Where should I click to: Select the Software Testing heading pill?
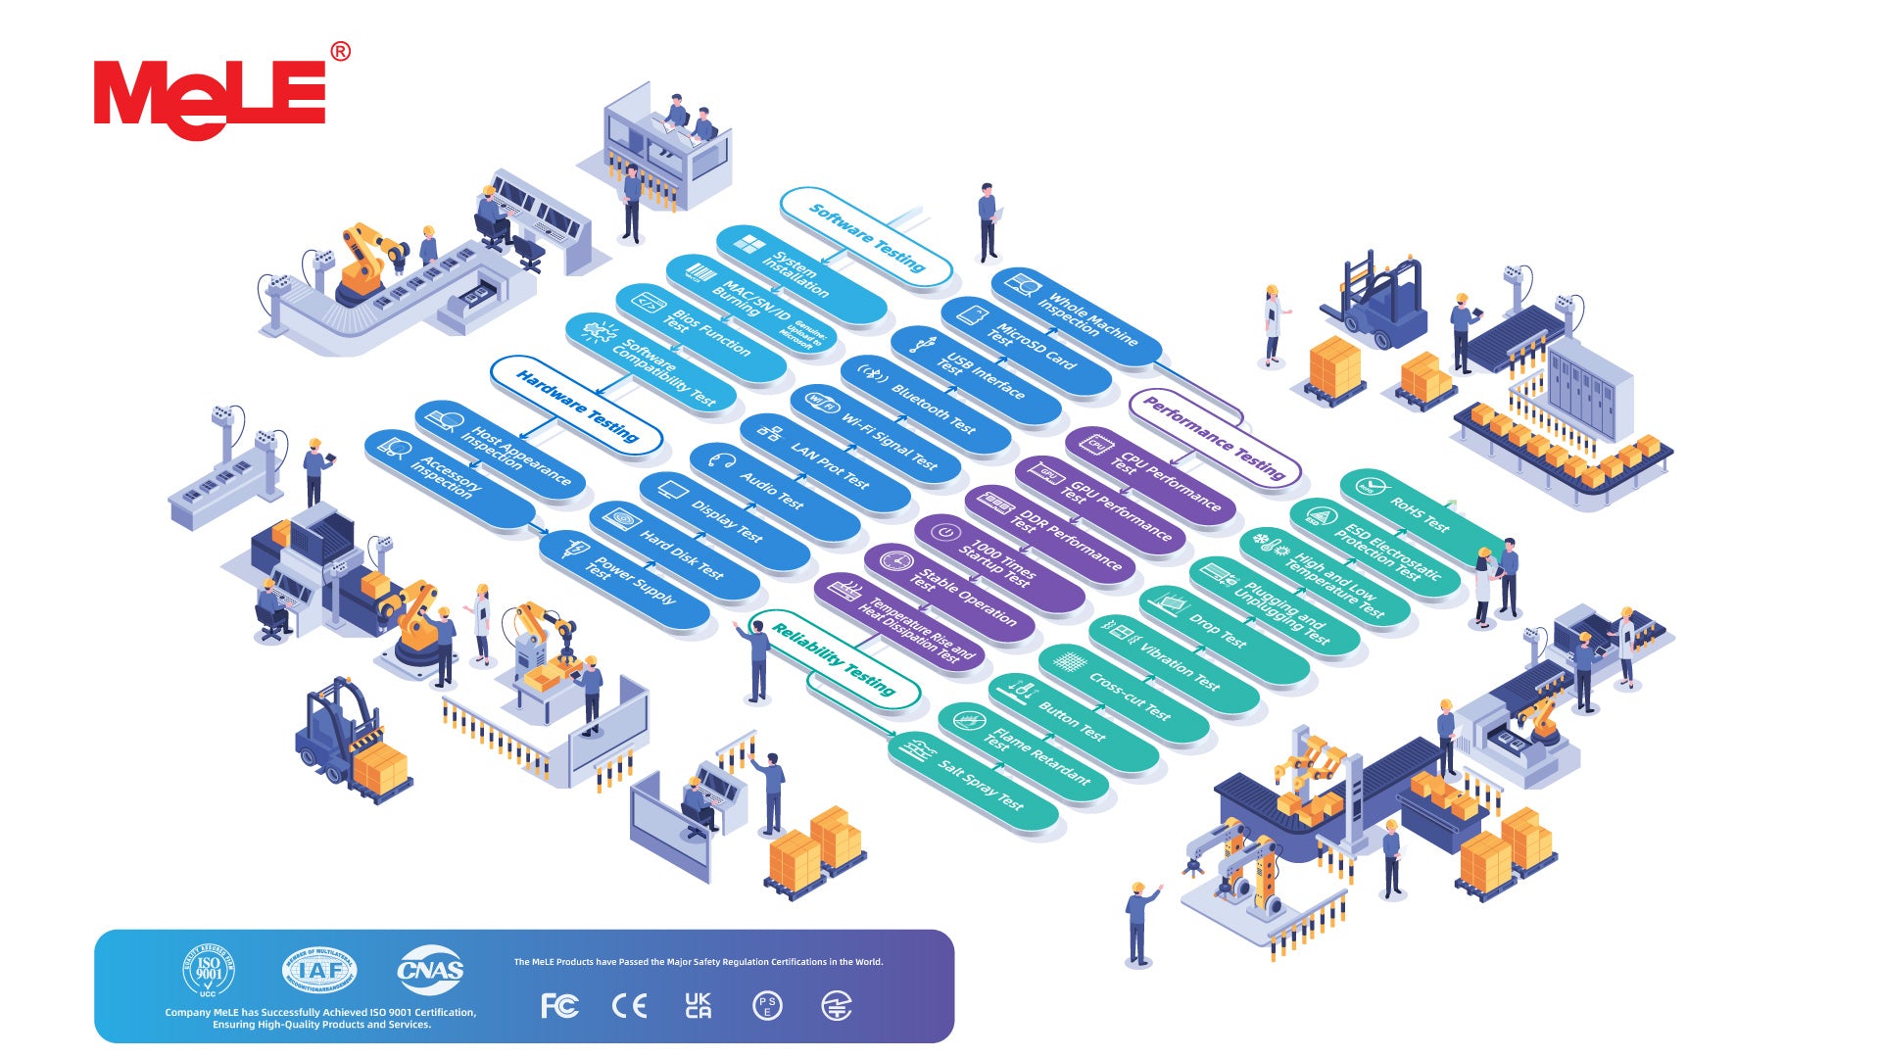(x=866, y=236)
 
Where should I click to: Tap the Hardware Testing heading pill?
(x=576, y=405)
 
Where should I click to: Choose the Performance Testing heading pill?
(x=1215, y=438)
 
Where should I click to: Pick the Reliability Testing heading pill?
(x=834, y=659)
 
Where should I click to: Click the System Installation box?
(x=801, y=275)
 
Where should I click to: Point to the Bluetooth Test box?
(x=926, y=405)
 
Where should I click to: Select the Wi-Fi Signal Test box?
(x=876, y=434)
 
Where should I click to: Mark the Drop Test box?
(x=1225, y=636)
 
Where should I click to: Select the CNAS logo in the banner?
(x=430, y=971)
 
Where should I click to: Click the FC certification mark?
(x=559, y=1006)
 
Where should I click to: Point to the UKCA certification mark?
(x=699, y=1006)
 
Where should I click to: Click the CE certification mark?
(x=629, y=1006)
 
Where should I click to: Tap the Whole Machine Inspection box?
(x=1077, y=316)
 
